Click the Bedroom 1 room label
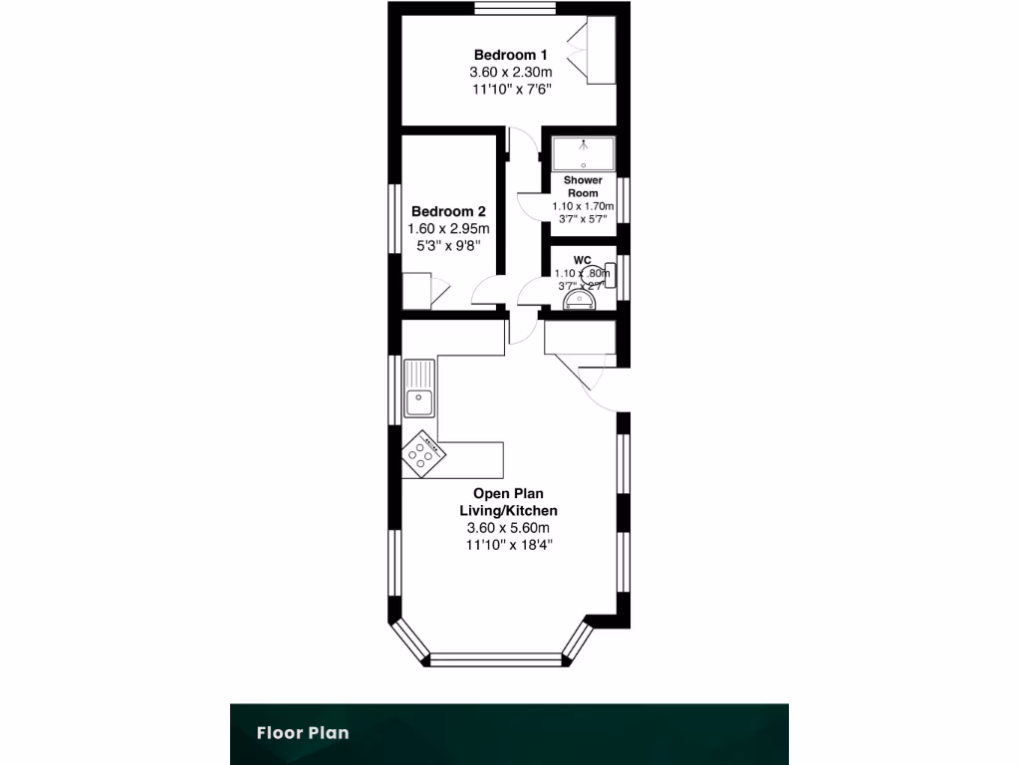510,55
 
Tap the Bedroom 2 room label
448,211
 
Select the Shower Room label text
583,186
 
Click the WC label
583,260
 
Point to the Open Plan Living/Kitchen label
508,502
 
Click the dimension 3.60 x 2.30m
510,73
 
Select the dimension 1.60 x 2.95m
448,229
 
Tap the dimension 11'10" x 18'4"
508,545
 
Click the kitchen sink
418,401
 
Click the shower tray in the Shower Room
583,153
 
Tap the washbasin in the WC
577,299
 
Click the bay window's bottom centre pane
496,658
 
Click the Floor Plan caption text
303,733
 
